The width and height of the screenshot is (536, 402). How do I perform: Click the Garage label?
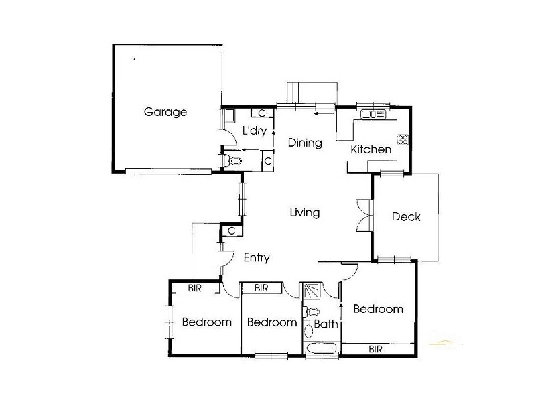(x=165, y=112)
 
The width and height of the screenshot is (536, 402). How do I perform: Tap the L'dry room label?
(x=255, y=131)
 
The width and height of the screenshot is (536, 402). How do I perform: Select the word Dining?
(x=305, y=143)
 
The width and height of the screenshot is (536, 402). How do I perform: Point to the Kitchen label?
(x=371, y=149)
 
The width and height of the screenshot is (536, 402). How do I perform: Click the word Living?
(x=304, y=213)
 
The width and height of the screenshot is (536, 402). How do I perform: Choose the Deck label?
(x=406, y=216)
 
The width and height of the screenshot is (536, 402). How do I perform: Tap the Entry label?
(x=256, y=258)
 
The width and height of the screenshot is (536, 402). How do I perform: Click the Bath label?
(x=327, y=324)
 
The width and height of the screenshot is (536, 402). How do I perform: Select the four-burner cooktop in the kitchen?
(x=403, y=139)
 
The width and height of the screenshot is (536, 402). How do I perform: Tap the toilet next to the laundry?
(x=233, y=161)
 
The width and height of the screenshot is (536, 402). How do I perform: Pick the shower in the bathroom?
(x=311, y=290)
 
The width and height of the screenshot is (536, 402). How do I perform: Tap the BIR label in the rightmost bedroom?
(x=375, y=349)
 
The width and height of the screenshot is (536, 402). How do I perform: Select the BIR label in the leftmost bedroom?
(x=196, y=288)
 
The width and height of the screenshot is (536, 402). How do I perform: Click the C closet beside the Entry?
(x=230, y=230)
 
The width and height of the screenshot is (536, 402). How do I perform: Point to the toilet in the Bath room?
(x=312, y=312)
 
